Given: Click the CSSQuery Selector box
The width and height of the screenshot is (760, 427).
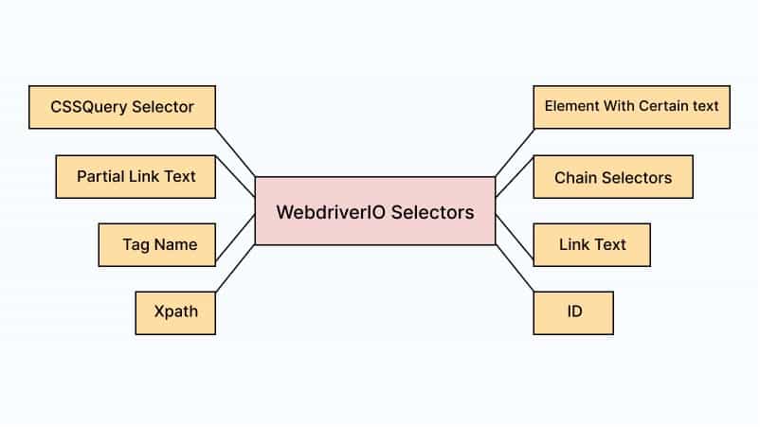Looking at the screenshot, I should coord(122,107).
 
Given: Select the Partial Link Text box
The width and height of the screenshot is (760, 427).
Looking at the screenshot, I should coord(136,177).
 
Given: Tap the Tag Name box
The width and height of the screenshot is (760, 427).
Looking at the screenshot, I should coord(159,244).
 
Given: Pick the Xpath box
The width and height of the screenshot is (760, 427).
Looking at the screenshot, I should coord(175,311).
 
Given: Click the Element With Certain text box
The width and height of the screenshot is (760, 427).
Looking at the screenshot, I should coord(631,107).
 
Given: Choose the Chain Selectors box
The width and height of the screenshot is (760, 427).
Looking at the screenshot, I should coord(612,177).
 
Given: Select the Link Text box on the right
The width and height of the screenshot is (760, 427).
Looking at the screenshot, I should coord(591,244).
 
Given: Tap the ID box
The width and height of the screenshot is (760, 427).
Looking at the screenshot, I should coord(573,311).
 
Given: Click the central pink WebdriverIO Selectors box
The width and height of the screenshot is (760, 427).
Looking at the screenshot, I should coord(375,211).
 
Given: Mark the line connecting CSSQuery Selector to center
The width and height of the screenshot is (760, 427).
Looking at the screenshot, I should coord(235,151).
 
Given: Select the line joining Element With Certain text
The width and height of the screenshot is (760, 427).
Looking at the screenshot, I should coord(515,152).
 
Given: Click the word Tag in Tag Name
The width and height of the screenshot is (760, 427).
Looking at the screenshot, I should coord(136,244).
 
